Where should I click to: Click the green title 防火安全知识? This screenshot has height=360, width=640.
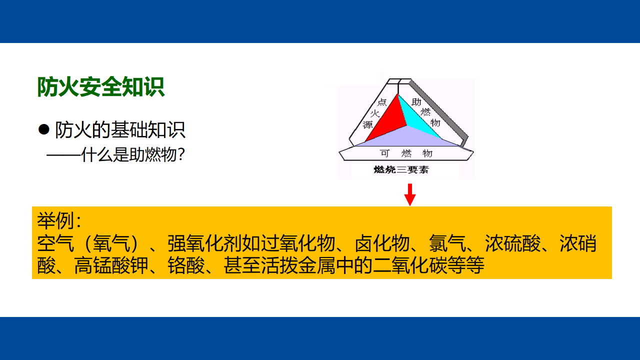(x=101, y=87)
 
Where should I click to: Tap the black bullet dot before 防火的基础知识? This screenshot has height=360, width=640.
(x=43, y=129)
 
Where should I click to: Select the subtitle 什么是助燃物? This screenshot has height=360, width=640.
(x=133, y=154)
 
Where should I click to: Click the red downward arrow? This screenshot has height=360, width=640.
(x=409, y=194)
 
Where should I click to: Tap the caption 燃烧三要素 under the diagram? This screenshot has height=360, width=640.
(x=401, y=169)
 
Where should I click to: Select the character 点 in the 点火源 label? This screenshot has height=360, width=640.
(x=382, y=102)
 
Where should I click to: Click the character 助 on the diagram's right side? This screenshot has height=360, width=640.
(x=416, y=101)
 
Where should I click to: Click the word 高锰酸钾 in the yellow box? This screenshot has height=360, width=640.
(x=111, y=265)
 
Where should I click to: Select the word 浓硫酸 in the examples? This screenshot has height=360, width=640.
(x=513, y=243)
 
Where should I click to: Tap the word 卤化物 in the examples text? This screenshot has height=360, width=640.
(x=382, y=243)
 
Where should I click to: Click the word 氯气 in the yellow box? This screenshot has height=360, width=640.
(x=447, y=243)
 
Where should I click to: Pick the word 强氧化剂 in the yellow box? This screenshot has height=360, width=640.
(x=205, y=243)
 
